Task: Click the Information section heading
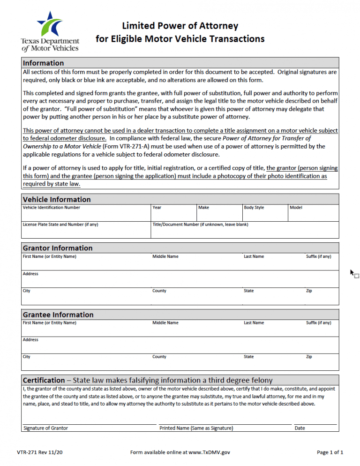coord(43,63)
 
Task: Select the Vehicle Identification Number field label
coord(52,207)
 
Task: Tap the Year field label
coord(157,207)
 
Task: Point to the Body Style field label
coord(254,207)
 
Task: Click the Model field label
coord(296,207)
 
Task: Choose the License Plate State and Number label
coord(60,225)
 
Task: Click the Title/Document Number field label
coord(200,225)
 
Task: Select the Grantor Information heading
coord(58,248)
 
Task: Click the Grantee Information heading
coord(58,315)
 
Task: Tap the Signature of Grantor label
coord(45,428)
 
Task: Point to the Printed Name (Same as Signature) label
coord(196,428)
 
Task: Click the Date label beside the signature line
coord(300,428)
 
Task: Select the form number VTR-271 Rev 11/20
coord(40,452)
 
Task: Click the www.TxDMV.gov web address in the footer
coord(209,452)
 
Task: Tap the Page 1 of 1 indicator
coord(330,452)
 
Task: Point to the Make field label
coord(203,207)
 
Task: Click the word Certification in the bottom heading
coord(44,380)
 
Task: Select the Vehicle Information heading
coord(57,199)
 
